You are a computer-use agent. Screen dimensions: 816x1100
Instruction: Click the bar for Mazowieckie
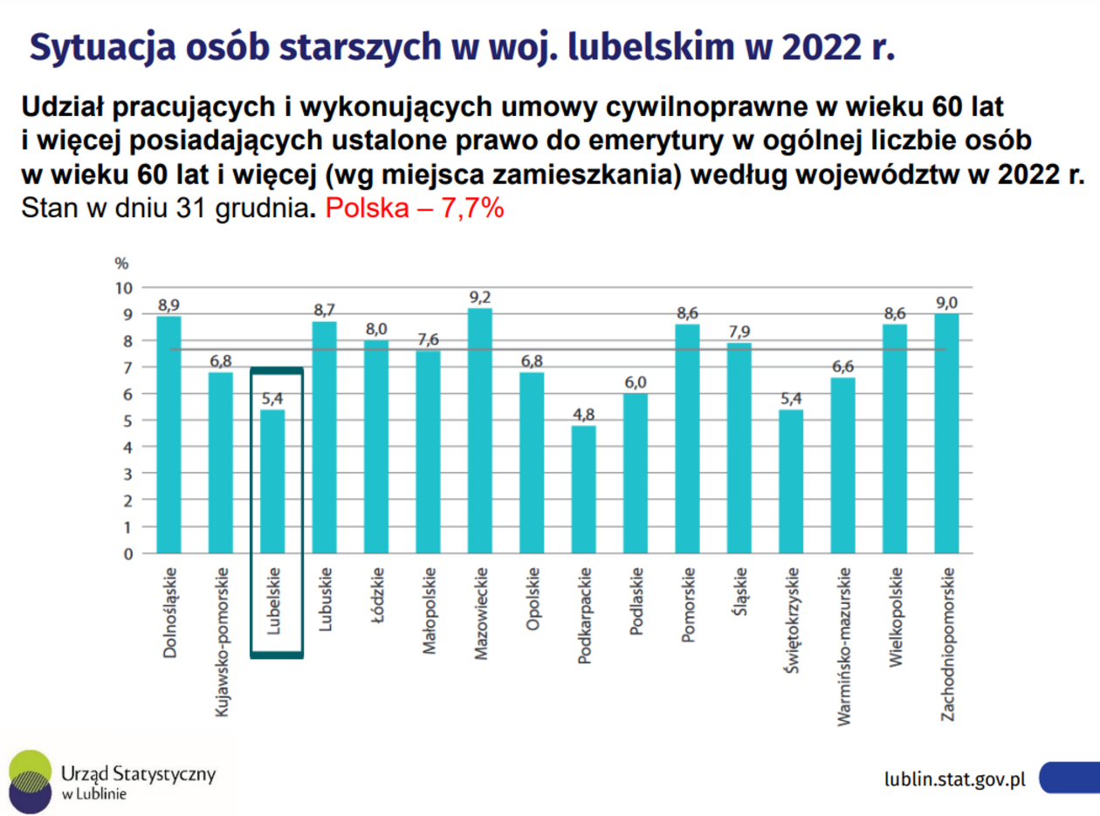pyautogui.click(x=479, y=430)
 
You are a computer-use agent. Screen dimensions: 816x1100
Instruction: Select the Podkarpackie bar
pyautogui.click(x=583, y=489)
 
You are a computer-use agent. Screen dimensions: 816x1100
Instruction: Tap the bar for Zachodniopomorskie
pyautogui.click(x=946, y=433)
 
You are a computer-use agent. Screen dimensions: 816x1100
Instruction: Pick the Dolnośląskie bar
pyautogui.click(x=168, y=434)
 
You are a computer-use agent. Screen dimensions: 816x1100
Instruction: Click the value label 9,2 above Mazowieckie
pyautogui.click(x=479, y=298)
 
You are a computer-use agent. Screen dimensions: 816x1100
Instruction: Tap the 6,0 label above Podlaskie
pyautogui.click(x=636, y=383)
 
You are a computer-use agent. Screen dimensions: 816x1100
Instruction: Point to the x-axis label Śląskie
pyautogui.click(x=739, y=593)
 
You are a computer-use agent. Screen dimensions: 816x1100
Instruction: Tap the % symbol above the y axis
pyautogui.click(x=121, y=263)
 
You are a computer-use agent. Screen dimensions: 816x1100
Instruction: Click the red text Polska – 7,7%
pyautogui.click(x=414, y=209)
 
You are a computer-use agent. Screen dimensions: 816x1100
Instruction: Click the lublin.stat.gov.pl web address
pyautogui.click(x=954, y=778)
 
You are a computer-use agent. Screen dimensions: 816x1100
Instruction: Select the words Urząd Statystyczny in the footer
pyautogui.click(x=138, y=773)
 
